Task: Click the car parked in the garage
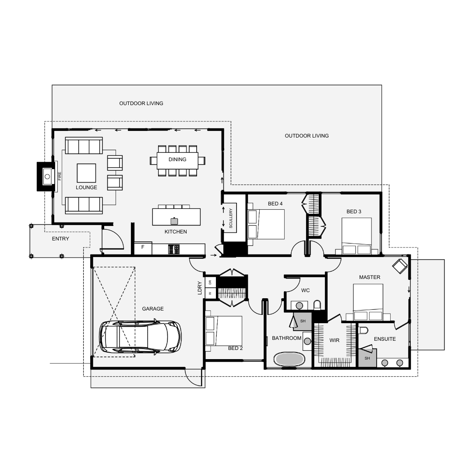(x=141, y=336)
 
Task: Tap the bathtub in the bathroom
(x=289, y=359)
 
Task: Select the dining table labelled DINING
(x=177, y=161)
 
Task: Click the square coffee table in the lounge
(x=86, y=173)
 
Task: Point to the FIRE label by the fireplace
(x=60, y=176)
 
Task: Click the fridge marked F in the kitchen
(x=143, y=249)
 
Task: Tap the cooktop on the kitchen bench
(x=174, y=249)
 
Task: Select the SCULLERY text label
(x=231, y=218)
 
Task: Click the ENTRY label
(x=60, y=239)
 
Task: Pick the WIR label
(x=334, y=340)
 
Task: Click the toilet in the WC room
(x=317, y=305)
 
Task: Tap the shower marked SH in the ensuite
(x=367, y=358)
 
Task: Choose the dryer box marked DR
(x=210, y=282)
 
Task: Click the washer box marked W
(x=210, y=293)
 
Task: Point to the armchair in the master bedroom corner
(x=400, y=266)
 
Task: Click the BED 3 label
(x=354, y=212)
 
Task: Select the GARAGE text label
(x=153, y=309)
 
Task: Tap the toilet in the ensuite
(x=364, y=330)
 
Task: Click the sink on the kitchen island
(x=174, y=221)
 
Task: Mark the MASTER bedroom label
(x=370, y=277)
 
